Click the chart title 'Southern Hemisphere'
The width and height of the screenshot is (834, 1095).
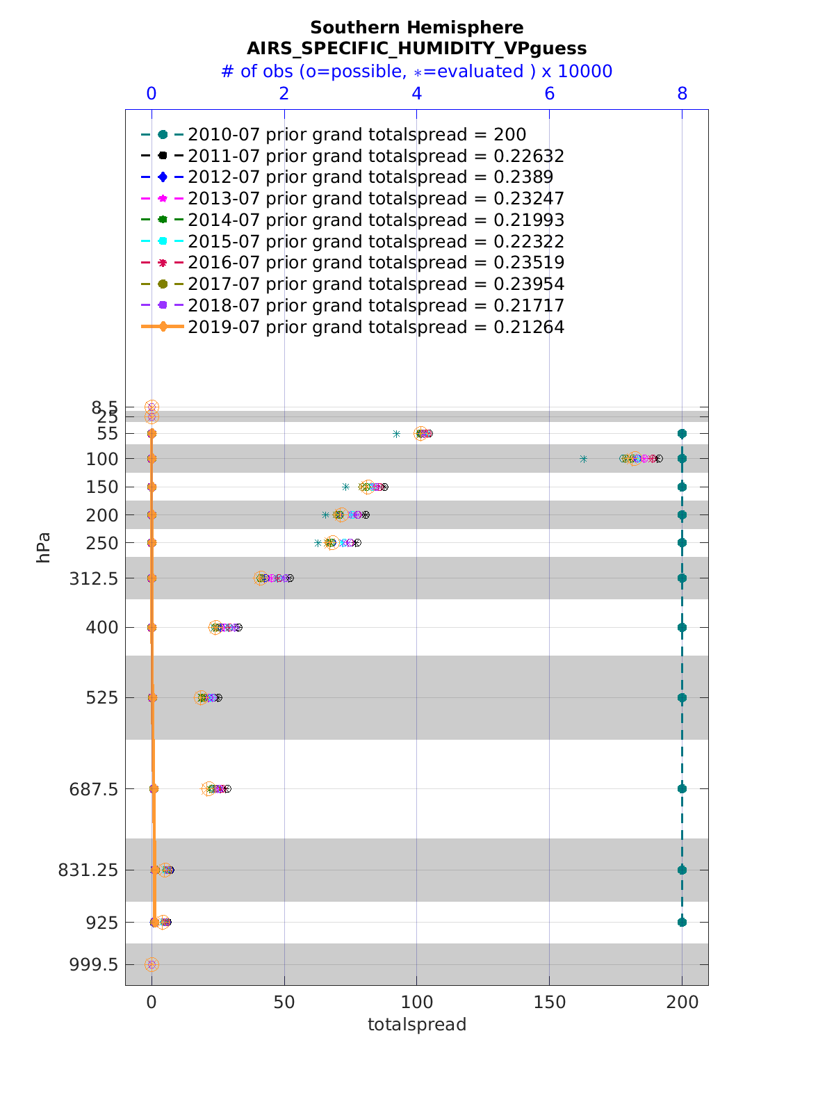click(416, 28)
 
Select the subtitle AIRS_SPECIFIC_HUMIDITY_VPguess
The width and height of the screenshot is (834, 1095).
click(416, 48)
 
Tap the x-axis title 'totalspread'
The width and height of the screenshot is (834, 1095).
click(416, 1024)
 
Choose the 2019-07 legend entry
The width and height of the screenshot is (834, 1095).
click(375, 327)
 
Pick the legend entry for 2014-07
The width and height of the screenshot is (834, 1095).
click(375, 220)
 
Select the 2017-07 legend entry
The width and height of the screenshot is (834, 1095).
click(375, 284)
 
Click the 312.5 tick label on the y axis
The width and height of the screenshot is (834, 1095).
click(93, 578)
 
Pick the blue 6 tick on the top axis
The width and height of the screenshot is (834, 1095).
click(549, 94)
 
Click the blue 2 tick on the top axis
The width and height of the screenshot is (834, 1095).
click(284, 94)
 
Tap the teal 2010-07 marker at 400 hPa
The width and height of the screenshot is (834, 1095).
click(682, 627)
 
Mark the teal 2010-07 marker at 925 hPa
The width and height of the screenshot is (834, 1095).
click(682, 922)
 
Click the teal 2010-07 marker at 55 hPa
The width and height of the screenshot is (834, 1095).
click(682, 433)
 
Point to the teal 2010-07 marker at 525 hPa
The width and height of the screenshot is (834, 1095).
click(682, 697)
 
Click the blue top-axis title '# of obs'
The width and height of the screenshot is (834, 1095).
click(416, 72)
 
